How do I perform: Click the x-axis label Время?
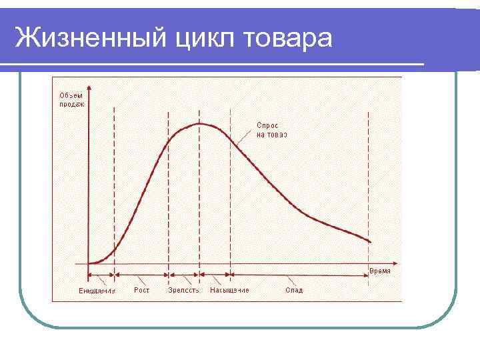pos(380,271)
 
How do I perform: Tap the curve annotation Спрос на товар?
pos(272,130)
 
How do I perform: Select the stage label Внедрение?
pos(97,291)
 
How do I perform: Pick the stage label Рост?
pos(141,290)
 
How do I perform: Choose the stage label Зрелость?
pos(183,291)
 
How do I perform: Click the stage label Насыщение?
pos(229,291)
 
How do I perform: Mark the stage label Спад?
pos(294,291)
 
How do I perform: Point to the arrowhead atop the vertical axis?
pos(88,81)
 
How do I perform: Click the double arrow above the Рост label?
pos(141,275)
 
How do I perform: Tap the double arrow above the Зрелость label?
pos(184,275)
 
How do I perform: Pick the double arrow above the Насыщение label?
pos(215,275)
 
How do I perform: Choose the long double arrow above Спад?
pos(300,275)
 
